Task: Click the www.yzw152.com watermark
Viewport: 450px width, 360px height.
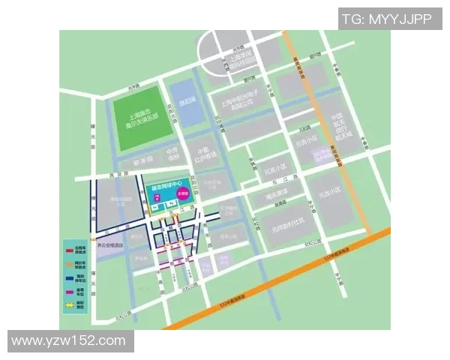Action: pos(69,340)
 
